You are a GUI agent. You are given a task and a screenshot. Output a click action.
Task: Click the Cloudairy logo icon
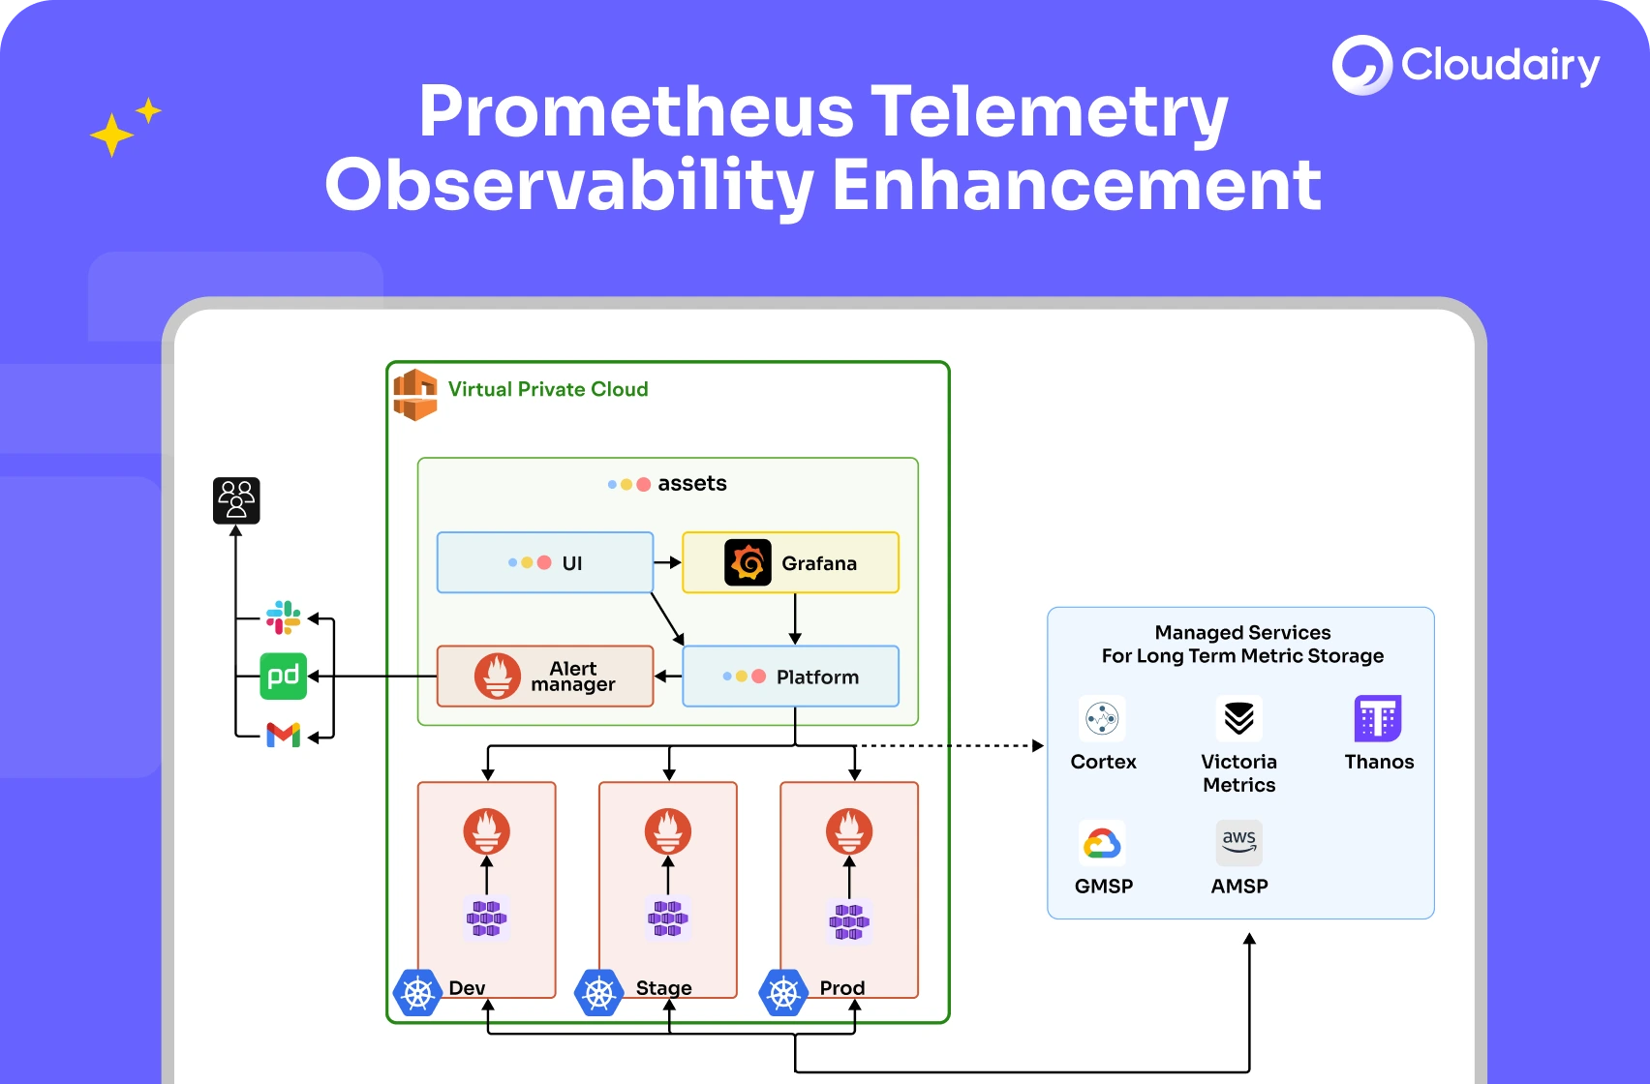(1361, 65)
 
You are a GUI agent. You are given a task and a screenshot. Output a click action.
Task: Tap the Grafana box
(790, 562)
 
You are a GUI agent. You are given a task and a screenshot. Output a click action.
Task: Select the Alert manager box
(545, 676)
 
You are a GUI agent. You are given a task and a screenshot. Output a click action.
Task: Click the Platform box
(790, 677)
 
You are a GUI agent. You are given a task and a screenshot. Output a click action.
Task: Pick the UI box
(545, 562)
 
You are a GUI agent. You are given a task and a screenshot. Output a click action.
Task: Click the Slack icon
(283, 617)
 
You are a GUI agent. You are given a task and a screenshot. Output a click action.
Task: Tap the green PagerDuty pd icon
(283, 676)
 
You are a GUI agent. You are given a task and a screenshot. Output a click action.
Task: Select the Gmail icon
(283, 735)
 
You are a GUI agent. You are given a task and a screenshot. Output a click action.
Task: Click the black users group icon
(236, 500)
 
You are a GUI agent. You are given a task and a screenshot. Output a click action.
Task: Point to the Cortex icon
(1102, 718)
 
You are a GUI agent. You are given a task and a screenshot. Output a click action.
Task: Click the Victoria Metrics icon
(1238, 718)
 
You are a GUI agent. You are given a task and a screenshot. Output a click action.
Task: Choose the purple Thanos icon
(1378, 718)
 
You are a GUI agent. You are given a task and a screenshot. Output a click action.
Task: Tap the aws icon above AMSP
(1238, 842)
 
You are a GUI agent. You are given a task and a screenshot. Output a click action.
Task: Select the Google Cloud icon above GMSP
(1102, 843)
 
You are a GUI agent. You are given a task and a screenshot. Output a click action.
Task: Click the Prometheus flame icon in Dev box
(486, 830)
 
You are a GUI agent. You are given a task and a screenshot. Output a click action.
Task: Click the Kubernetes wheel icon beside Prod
(783, 993)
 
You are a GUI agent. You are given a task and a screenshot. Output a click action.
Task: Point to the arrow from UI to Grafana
(667, 562)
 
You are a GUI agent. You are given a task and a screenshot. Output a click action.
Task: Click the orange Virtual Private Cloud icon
(415, 394)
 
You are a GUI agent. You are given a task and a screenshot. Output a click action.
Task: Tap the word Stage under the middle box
(663, 988)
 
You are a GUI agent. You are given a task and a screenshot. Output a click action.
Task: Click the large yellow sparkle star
(111, 135)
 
